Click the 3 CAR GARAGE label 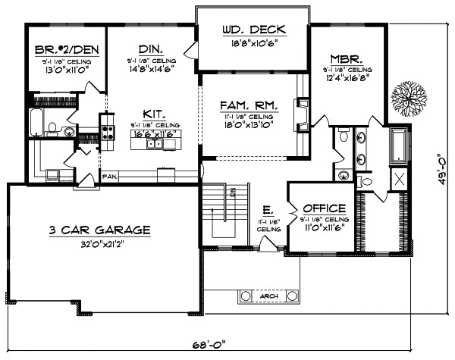[x=101, y=229]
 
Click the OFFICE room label [x=324, y=208]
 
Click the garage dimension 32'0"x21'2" [x=101, y=245]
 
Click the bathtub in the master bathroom [x=398, y=146]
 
